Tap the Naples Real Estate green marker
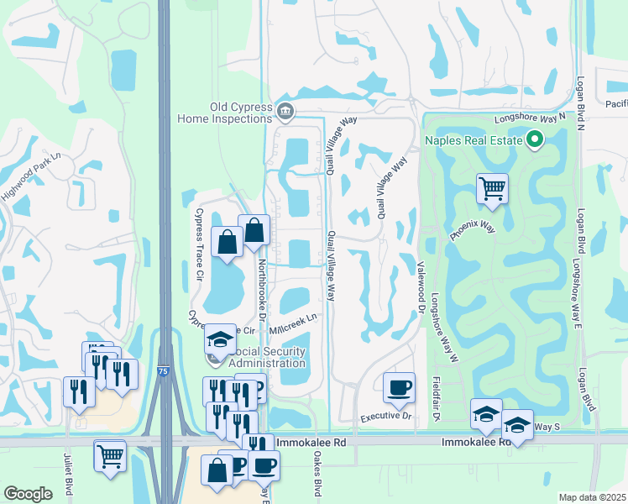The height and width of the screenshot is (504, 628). coord(534,140)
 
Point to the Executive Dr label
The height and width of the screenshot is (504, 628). coord(387,416)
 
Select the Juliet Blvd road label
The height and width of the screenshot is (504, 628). coord(66,474)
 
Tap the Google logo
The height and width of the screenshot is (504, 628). coord(29,494)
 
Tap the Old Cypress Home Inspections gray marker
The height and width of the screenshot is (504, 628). coord(285,110)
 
